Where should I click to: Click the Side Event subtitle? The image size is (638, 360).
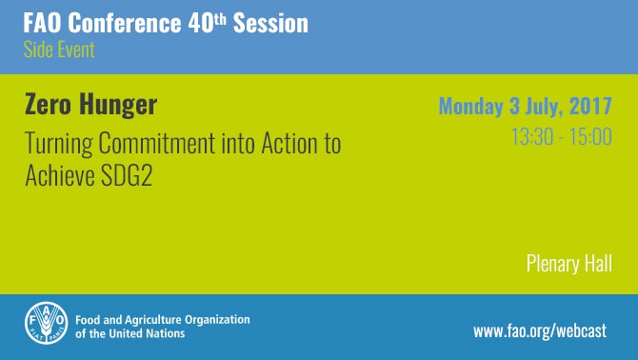(59, 50)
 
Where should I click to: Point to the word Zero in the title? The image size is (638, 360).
(47, 104)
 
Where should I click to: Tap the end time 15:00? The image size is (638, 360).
(590, 138)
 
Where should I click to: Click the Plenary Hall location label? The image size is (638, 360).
(569, 264)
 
